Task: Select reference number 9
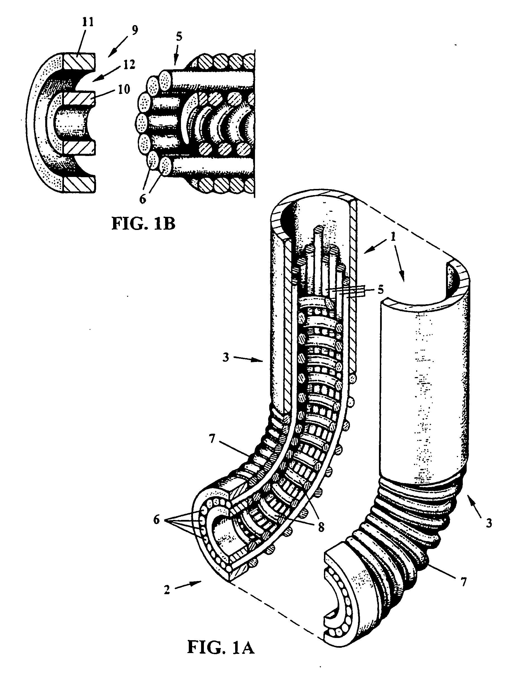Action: click(x=134, y=30)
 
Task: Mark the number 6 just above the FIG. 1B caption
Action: click(x=142, y=199)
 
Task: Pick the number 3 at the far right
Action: click(x=489, y=523)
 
